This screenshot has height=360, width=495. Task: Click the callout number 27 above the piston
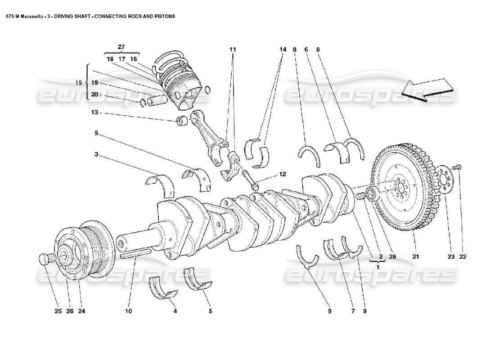pyautogui.click(x=121, y=47)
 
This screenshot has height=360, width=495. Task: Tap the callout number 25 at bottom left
pyautogui.click(x=57, y=310)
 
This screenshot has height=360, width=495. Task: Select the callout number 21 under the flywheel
pyautogui.click(x=416, y=257)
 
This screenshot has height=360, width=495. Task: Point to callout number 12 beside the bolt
pyautogui.click(x=282, y=174)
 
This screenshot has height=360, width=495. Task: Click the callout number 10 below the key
pyautogui.click(x=129, y=310)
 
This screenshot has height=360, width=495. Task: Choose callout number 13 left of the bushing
pyautogui.click(x=95, y=113)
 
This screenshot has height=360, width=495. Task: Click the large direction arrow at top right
pyautogui.click(x=427, y=88)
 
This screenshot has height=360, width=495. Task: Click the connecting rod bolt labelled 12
pyautogui.click(x=251, y=179)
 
